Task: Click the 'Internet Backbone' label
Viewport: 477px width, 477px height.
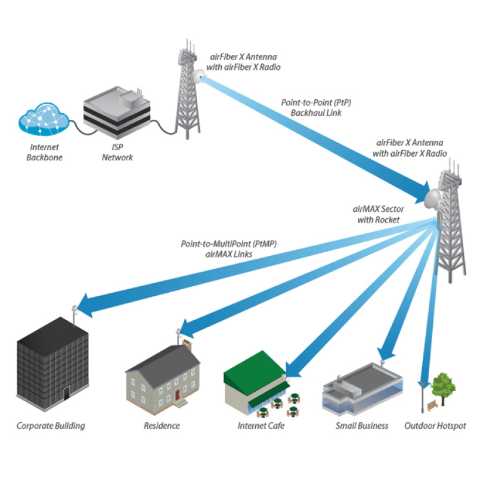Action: point(44,153)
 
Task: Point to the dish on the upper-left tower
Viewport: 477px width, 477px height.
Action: point(196,76)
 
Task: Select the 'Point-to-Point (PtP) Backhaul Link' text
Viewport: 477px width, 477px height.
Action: point(316,107)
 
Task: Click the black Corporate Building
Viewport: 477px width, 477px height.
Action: point(52,364)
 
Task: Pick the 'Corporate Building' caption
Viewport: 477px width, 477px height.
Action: point(51,426)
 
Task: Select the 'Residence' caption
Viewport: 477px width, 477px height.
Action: point(162,426)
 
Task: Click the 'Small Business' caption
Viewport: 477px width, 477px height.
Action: point(362,426)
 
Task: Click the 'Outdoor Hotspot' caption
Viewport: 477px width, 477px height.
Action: point(435,426)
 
